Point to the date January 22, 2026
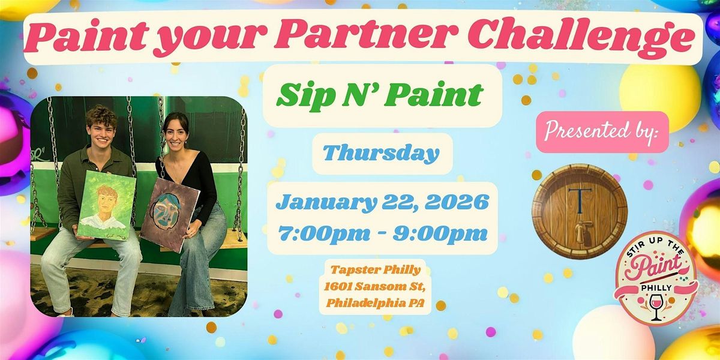pos(382,202)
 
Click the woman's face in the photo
pos(176,132)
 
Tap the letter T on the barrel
pos(580,195)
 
